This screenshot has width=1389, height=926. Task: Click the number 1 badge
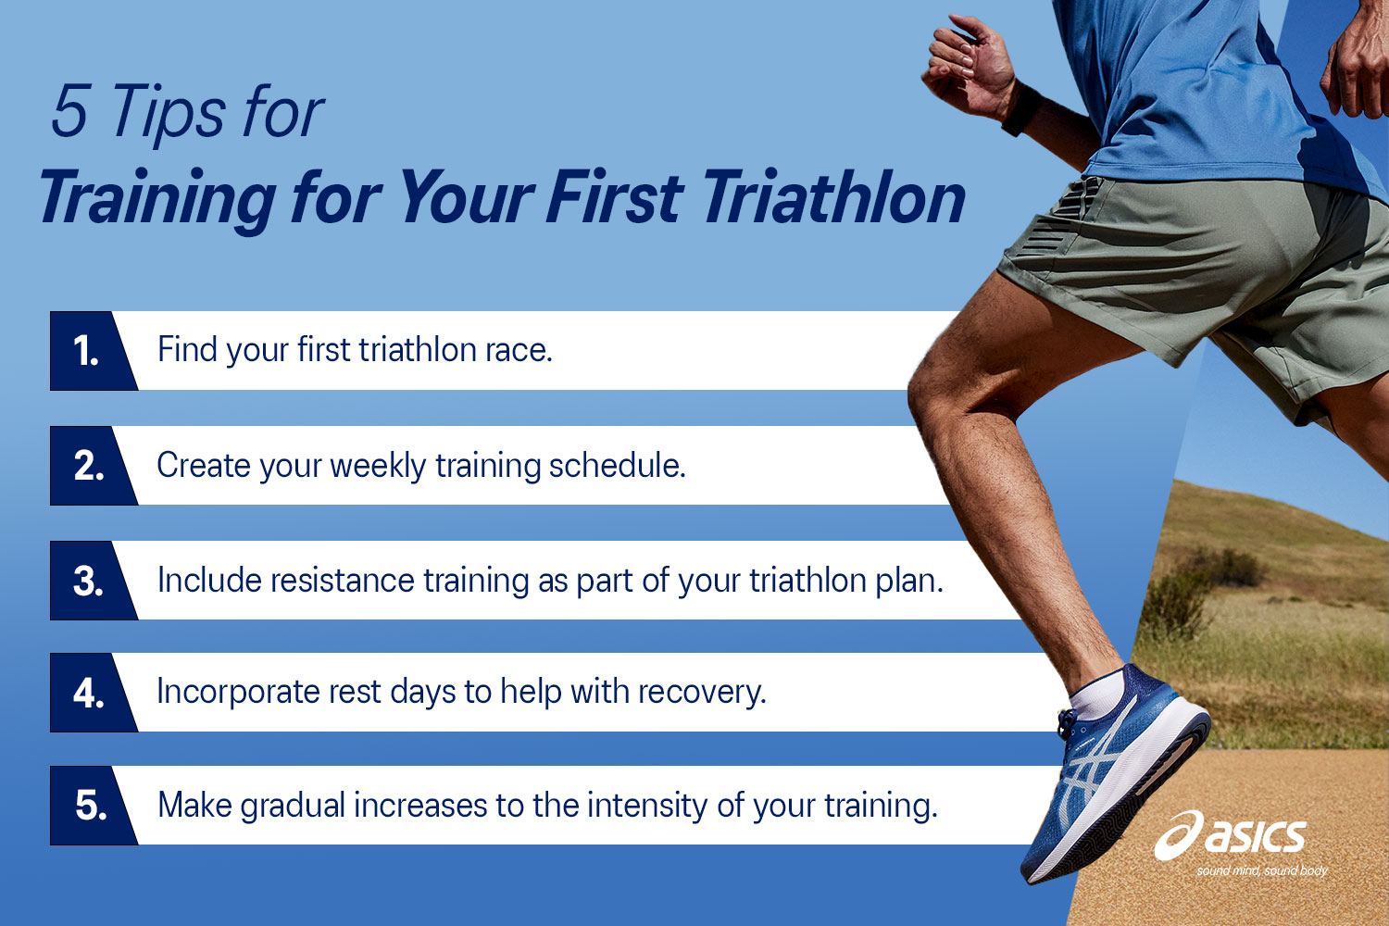[x=86, y=351]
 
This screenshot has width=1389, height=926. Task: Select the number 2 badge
[x=88, y=466]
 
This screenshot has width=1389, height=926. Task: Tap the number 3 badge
[x=88, y=581]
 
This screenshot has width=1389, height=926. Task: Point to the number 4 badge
[x=88, y=693]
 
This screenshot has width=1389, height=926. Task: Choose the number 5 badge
[x=90, y=806]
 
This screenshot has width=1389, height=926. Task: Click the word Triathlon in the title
[x=833, y=198]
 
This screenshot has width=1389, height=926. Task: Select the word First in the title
[x=614, y=197]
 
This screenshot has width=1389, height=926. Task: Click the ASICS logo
[x=1232, y=836]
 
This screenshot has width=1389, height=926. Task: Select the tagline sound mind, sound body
[x=1261, y=870]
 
